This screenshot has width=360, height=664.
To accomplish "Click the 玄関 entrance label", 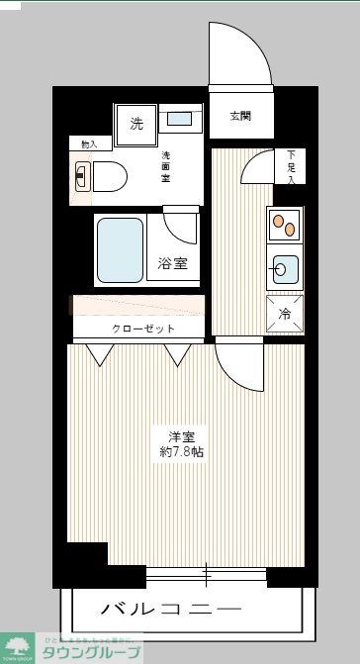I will [240, 116].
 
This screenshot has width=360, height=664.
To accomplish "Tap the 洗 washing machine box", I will [136, 124].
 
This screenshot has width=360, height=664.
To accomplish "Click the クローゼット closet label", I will [143, 329].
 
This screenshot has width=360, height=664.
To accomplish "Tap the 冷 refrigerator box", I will [285, 314].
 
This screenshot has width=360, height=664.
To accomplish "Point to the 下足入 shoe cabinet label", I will [291, 165].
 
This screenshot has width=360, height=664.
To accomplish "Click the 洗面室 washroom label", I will [167, 165].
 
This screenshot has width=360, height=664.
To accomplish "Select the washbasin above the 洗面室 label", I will [180, 120].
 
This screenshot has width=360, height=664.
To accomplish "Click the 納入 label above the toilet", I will [89, 144].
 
